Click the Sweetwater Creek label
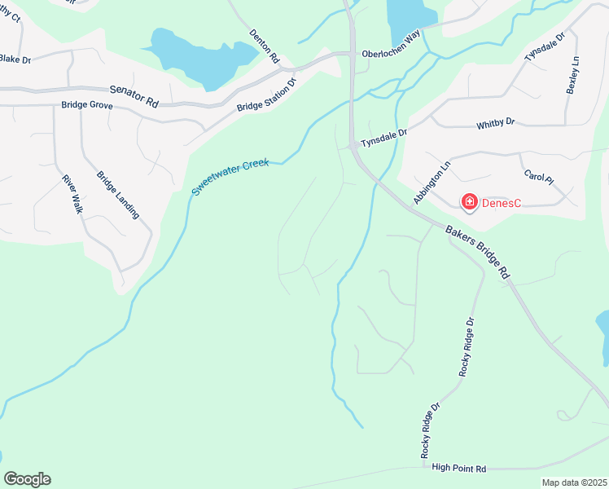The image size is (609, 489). click(230, 177)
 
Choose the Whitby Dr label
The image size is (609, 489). click(496, 122)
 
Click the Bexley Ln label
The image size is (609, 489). click(572, 76)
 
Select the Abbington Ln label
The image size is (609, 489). click(432, 183)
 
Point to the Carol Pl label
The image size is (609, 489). click(538, 177)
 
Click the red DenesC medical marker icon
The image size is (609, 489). click(469, 201)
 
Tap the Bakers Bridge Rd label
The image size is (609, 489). click(478, 253)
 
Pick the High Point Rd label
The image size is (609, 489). click(459, 468)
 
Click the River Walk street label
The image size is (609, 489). click(72, 193)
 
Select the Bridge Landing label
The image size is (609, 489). click(118, 194)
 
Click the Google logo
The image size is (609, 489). click(27, 479)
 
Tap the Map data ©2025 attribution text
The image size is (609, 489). click(574, 482)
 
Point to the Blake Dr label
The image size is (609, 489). click(15, 59)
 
